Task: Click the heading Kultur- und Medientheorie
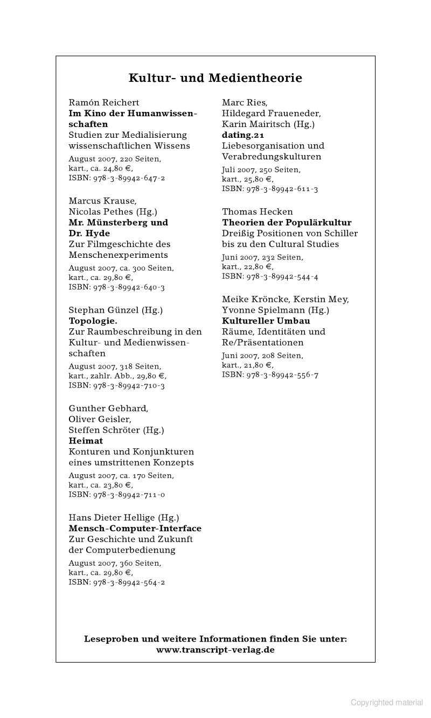215,78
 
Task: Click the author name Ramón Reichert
104,102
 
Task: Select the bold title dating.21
243,135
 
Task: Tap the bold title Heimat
86,441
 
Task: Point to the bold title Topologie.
93,321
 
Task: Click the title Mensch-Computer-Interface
135,529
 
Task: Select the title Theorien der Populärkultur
287,222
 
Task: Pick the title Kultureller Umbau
266,321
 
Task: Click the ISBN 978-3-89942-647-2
117,178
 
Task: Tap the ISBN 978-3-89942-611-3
270,189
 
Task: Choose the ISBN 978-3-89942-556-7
270,375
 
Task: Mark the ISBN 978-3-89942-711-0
117,495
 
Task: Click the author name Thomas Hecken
258,212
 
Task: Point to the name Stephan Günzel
104,310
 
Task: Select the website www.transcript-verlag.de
215,650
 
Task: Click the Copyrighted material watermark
387,702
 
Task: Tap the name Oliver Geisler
100,419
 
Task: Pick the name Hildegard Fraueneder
272,113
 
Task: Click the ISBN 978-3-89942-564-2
117,582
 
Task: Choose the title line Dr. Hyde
89,233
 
